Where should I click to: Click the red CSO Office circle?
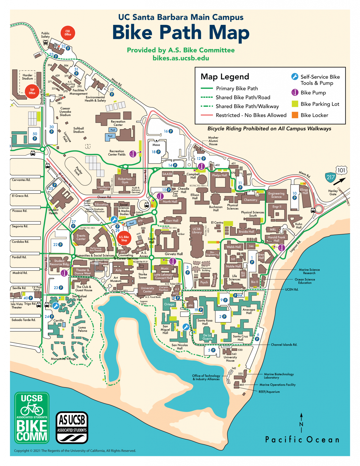(x=68, y=33)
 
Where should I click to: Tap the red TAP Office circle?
(x=32, y=91)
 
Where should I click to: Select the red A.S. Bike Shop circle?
(x=124, y=238)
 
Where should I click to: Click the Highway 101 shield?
(x=341, y=170)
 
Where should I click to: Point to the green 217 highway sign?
(x=330, y=177)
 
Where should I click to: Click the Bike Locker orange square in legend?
(x=294, y=115)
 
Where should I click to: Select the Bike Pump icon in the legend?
(x=294, y=93)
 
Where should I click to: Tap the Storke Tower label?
(x=143, y=276)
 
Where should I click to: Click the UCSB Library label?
(x=197, y=231)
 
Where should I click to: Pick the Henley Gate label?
(x=333, y=193)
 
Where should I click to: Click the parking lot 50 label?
(x=35, y=134)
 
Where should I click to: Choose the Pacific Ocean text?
(x=302, y=440)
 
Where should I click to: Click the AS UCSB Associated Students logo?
(x=72, y=428)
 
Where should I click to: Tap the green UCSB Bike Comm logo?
(x=32, y=418)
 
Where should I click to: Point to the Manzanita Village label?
(x=63, y=359)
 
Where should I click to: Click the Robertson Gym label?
(x=125, y=181)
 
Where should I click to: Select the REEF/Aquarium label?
(x=269, y=392)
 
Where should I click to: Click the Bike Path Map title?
(x=181, y=32)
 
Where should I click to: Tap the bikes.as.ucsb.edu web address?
(x=181, y=58)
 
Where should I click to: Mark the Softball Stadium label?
(x=79, y=130)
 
